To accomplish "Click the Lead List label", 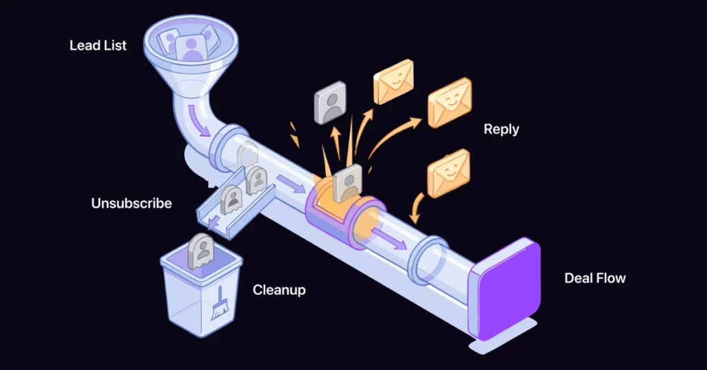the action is coord(98,45).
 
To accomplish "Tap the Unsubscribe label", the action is coord(131,203).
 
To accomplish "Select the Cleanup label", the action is coord(279,290).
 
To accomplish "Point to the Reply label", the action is coord(501,129).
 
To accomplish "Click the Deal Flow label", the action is coord(595,278).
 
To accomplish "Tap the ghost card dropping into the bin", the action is coord(201,251).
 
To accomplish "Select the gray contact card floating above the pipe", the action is coord(330,102).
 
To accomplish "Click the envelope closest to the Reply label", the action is coord(449,103).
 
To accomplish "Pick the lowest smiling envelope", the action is coord(449,173).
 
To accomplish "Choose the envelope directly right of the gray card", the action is coord(394,81).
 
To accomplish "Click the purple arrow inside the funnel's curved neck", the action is coord(198,120).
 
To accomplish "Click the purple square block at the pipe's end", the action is coord(505,289).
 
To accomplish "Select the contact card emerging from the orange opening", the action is coord(348,182).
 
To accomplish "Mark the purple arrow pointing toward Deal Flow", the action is coord(389,238).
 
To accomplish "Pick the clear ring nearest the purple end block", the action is coord(427,260).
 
